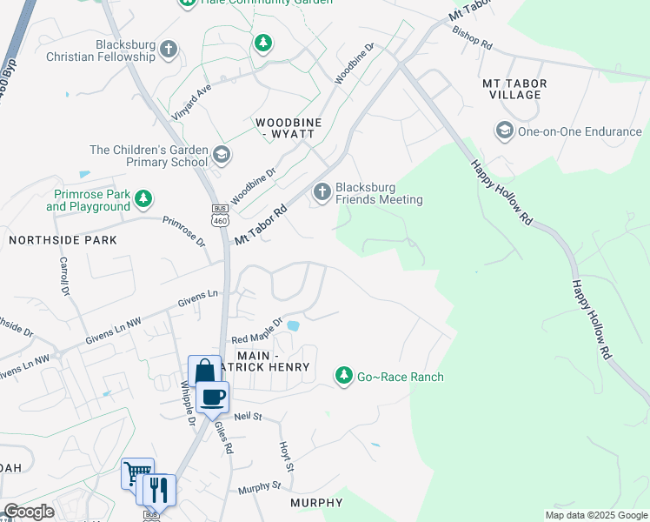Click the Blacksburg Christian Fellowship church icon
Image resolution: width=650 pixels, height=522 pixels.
click(169, 50)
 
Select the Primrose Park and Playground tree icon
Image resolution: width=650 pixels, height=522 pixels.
click(143, 200)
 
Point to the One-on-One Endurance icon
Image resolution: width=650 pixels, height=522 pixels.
click(504, 131)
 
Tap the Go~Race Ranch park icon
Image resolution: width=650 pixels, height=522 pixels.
click(344, 376)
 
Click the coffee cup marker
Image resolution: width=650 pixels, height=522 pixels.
click(214, 398)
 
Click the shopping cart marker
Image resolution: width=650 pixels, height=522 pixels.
click(136, 474)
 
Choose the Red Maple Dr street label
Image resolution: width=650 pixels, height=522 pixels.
click(257, 331)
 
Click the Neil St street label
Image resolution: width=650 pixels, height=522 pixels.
click(248, 418)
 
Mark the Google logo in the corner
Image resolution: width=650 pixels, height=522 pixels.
click(29, 512)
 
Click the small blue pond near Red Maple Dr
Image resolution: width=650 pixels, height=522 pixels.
click(294, 327)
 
